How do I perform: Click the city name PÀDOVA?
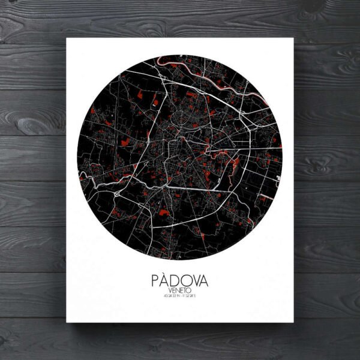(x=179, y=281)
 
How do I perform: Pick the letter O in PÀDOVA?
(x=186, y=281)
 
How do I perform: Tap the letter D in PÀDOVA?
(x=176, y=281)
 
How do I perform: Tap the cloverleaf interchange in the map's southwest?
(x=115, y=195)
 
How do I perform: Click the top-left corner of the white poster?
(x=67, y=38)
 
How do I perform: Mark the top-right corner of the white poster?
(x=293, y=38)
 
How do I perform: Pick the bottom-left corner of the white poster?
(x=67, y=322)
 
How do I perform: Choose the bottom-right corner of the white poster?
(x=293, y=322)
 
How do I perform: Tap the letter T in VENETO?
(x=185, y=290)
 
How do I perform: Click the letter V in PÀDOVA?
(x=196, y=281)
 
